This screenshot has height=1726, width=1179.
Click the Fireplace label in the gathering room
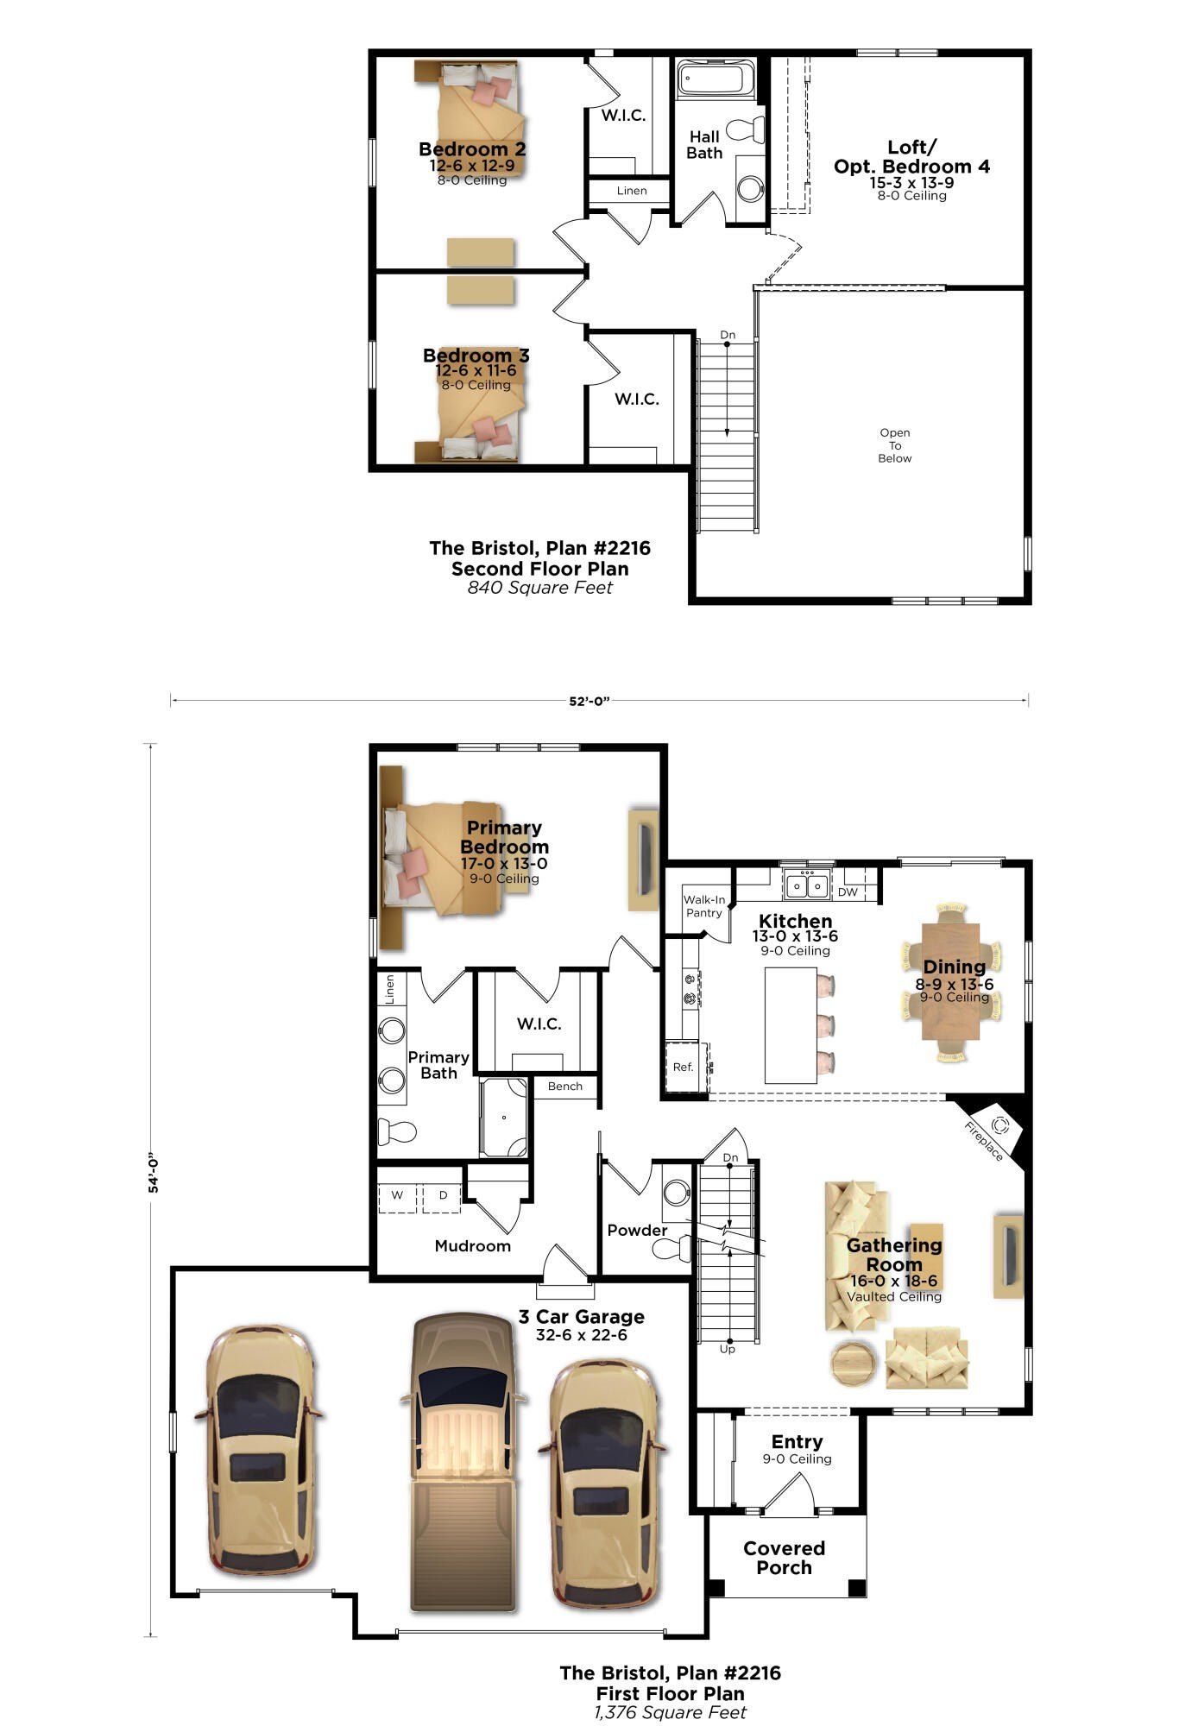pyautogui.click(x=983, y=1142)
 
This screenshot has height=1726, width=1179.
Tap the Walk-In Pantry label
pyautogui.click(x=704, y=905)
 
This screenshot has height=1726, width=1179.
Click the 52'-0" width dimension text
pyautogui.click(x=589, y=701)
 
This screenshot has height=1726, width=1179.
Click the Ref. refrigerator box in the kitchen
pyautogui.click(x=683, y=1067)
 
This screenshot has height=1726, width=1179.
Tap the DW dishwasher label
pyautogui.click(x=848, y=891)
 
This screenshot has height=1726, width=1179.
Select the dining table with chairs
pyautogui.click(x=954, y=983)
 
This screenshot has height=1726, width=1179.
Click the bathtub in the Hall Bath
pyautogui.click(x=715, y=79)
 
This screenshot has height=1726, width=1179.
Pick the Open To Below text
pyautogui.click(x=895, y=445)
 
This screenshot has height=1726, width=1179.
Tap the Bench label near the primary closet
pyautogui.click(x=564, y=1086)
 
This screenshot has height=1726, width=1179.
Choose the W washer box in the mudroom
pyautogui.click(x=397, y=1195)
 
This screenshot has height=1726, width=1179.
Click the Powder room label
pyautogui.click(x=637, y=1230)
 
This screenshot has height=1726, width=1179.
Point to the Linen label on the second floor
pyautogui.click(x=631, y=191)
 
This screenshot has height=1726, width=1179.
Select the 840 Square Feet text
pyautogui.click(x=539, y=588)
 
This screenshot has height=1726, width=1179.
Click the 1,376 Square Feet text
pyautogui.click(x=670, y=1712)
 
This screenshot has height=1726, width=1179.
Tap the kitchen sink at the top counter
pyautogui.click(x=807, y=885)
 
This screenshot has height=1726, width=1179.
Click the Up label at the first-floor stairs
pyautogui.click(x=727, y=1348)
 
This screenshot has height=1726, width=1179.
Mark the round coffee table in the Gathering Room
pyautogui.click(x=854, y=1364)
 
